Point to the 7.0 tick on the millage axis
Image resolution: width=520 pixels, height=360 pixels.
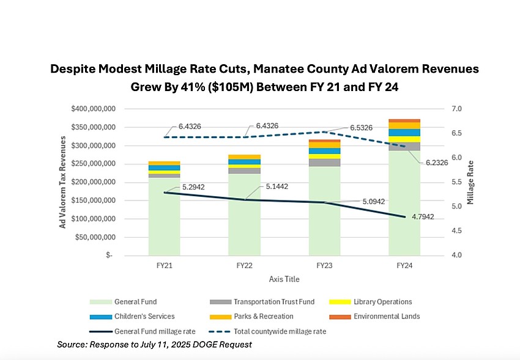click(x=456, y=109)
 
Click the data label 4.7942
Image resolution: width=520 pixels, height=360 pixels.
click(x=434, y=217)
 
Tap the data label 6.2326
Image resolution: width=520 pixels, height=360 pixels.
click(x=433, y=163)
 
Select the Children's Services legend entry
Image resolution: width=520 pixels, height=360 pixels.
click(x=144, y=317)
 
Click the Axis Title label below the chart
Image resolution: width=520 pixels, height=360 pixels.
click(x=284, y=279)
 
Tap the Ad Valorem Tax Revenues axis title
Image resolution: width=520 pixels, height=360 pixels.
click(x=62, y=182)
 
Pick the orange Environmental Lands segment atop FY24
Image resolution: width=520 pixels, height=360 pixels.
click(x=404, y=120)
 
